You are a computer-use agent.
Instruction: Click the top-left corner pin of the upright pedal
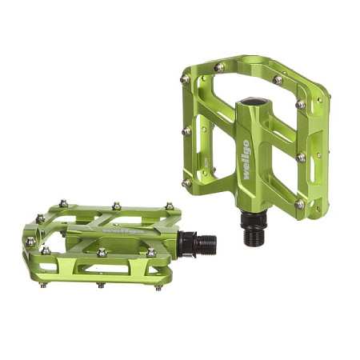(x=185, y=79)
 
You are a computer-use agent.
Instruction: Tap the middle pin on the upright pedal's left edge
(x=186, y=130)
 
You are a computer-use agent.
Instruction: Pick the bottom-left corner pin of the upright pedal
(x=186, y=182)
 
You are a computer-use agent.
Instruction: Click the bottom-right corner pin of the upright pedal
(x=298, y=204)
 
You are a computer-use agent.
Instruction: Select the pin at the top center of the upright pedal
(x=219, y=68)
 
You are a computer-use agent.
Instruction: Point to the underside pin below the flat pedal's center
(x=100, y=284)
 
